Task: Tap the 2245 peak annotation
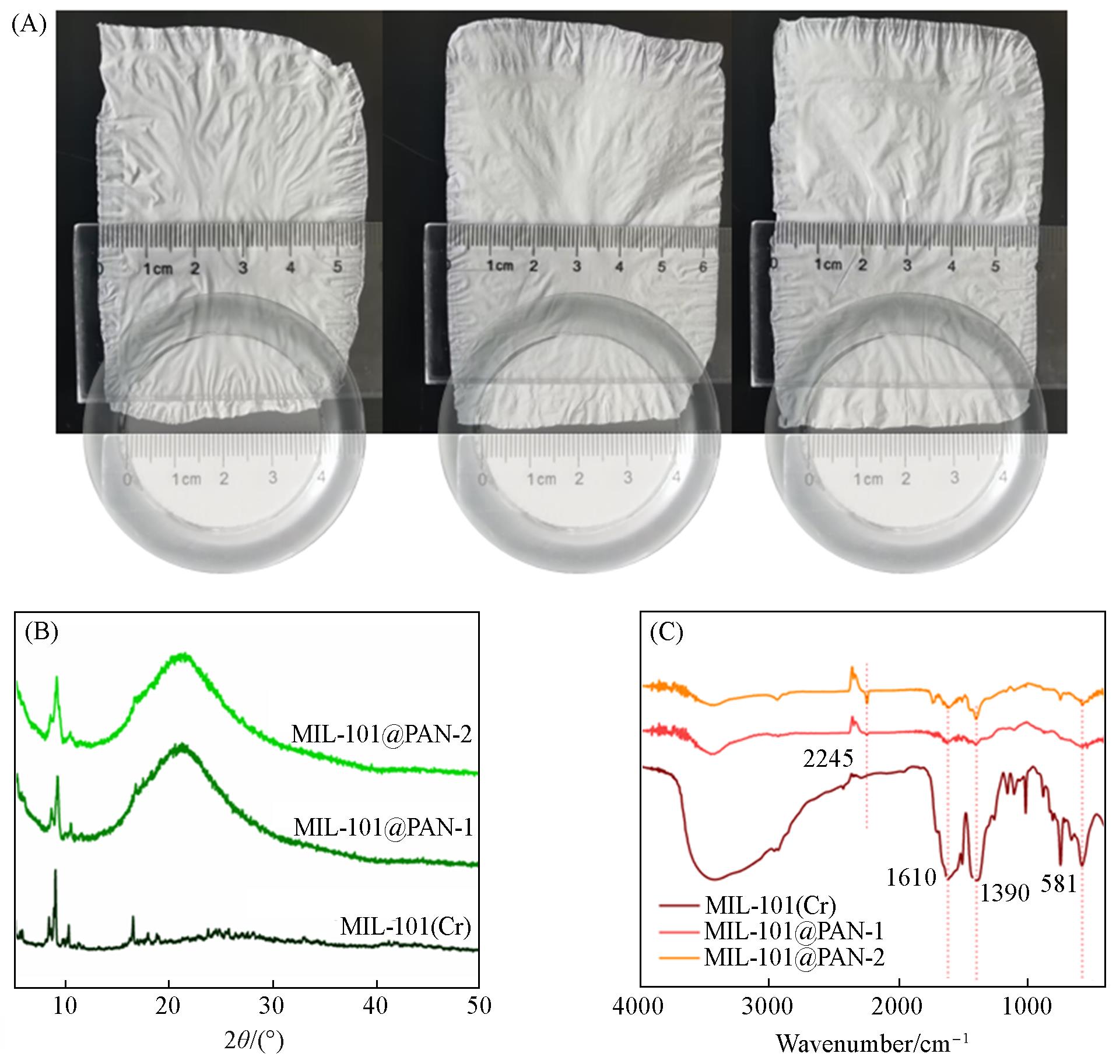point(828,758)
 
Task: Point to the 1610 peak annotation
point(911,876)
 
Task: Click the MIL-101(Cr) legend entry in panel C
point(770,905)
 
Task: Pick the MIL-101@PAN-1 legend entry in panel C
point(793,931)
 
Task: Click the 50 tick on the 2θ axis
point(478,1005)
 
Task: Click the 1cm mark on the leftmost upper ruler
point(159,269)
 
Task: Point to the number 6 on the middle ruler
point(703,266)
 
